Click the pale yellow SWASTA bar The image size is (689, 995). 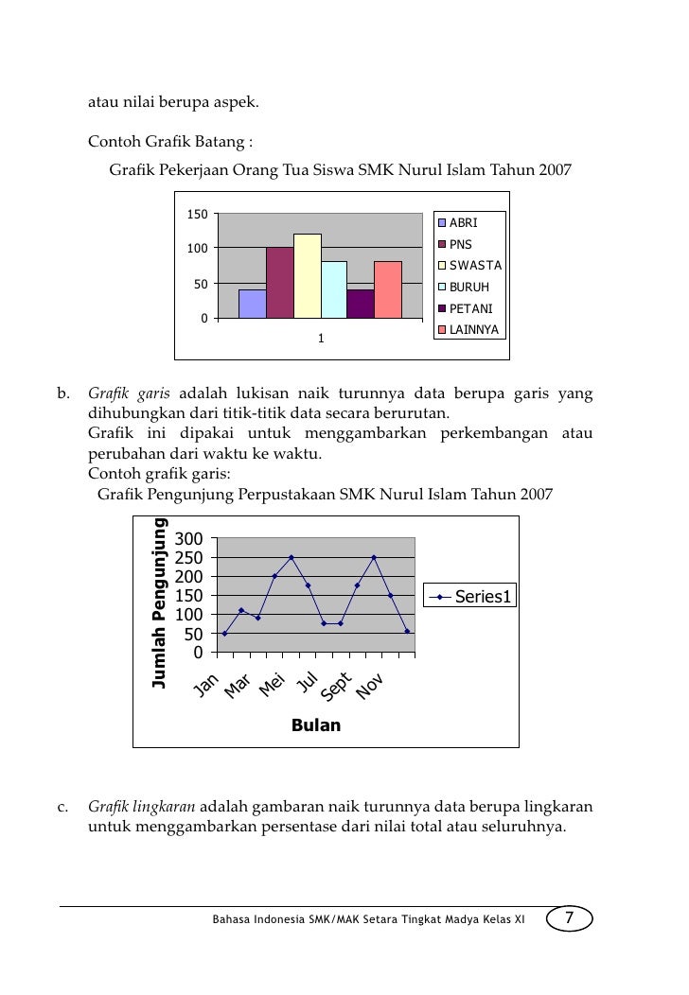click(308, 275)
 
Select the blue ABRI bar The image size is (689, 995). click(253, 304)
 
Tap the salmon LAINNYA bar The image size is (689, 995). click(388, 289)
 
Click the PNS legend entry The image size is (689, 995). click(461, 244)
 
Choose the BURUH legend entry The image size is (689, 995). click(468, 287)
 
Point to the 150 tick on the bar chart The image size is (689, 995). click(197, 214)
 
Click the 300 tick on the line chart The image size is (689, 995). click(192, 538)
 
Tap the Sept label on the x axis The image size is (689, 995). click(337, 688)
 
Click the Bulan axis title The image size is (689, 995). click(316, 725)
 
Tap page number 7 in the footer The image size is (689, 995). click(569, 918)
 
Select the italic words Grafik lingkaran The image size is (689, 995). click(142, 807)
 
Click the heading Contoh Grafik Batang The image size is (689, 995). click(170, 143)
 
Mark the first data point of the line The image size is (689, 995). click(224, 633)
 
